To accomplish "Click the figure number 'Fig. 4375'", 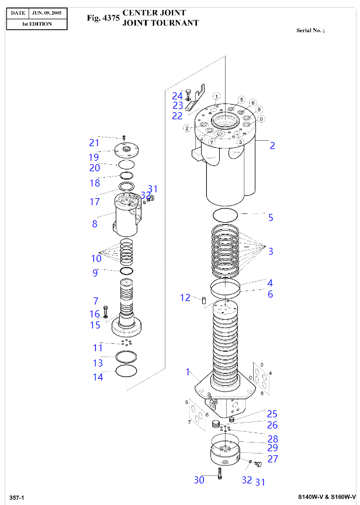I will tap(103, 18).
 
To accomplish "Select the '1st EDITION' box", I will tap(36, 24).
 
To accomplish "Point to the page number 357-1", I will tap(17, 497).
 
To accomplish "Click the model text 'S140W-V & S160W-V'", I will tap(327, 497).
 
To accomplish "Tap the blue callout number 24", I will tap(177, 95).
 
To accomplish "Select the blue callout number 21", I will tap(94, 143).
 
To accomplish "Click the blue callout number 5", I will tap(271, 217).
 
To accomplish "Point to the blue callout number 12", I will tap(185, 298).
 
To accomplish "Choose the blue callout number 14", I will tap(98, 377).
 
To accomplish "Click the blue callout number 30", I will tap(199, 480).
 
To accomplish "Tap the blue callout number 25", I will tap(272, 414).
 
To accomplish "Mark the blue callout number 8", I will tap(95, 223).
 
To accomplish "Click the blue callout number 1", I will tap(188, 372).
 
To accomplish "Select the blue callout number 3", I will tap(271, 251).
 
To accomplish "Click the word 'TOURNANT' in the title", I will tap(175, 23).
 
